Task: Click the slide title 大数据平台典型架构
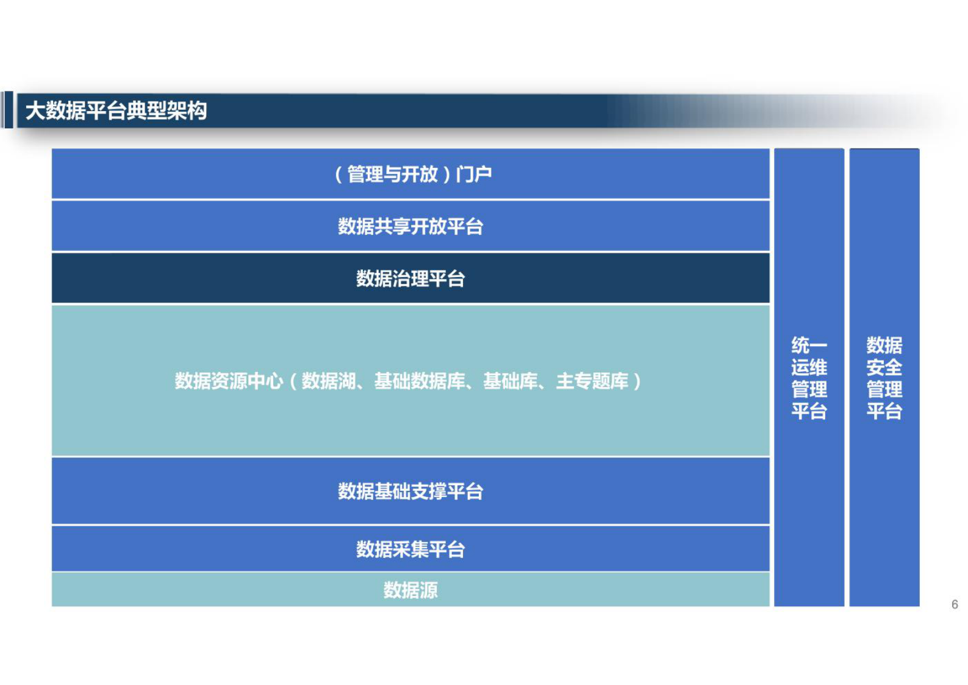(x=116, y=111)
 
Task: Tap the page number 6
(x=955, y=604)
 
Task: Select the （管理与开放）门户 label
(x=413, y=175)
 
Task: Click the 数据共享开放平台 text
(x=411, y=227)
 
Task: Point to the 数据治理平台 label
(x=411, y=279)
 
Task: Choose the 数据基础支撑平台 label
(x=411, y=491)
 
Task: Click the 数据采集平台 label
(x=411, y=549)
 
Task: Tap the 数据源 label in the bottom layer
(x=411, y=590)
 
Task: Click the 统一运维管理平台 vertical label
(x=809, y=378)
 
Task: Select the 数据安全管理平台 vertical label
(x=884, y=378)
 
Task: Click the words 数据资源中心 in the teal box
(x=229, y=382)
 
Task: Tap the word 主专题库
(x=592, y=382)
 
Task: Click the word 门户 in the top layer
(x=474, y=175)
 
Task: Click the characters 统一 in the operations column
(x=809, y=346)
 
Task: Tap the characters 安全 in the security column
(x=884, y=368)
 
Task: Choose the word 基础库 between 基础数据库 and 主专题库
(x=510, y=382)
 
